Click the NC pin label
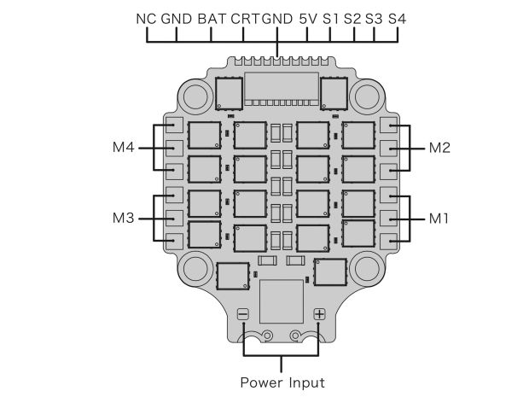(x=146, y=18)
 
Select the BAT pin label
(x=211, y=18)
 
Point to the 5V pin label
(x=308, y=18)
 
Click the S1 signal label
(x=331, y=18)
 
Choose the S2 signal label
(x=352, y=18)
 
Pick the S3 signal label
(x=375, y=18)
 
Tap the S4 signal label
(x=397, y=18)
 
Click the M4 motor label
(x=124, y=148)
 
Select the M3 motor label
(x=124, y=218)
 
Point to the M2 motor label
(x=439, y=148)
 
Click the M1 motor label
(x=439, y=218)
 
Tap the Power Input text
(x=282, y=382)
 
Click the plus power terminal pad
(x=320, y=314)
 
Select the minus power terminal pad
(x=243, y=314)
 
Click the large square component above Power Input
(x=282, y=299)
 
